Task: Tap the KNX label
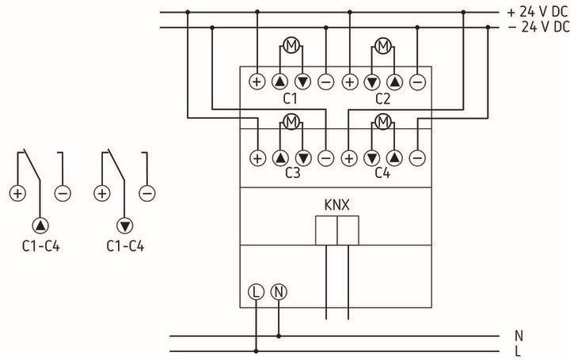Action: (337, 204)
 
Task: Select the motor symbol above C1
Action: (291, 46)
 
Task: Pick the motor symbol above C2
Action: (383, 46)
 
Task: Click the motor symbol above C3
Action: (291, 122)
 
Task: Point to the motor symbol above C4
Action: (383, 122)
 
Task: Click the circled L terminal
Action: (255, 291)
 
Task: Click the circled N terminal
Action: (278, 291)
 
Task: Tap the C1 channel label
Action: (291, 99)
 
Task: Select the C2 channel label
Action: (383, 99)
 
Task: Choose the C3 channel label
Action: (291, 173)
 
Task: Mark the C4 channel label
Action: (383, 173)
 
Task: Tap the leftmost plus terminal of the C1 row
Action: (256, 81)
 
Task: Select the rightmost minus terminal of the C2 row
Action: (418, 81)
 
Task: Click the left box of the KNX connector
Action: (326, 231)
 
